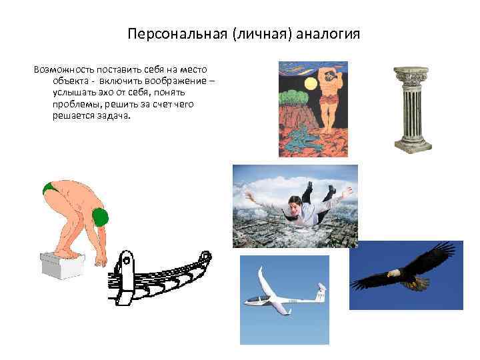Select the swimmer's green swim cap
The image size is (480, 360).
click(x=100, y=217)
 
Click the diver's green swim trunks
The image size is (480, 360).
click(x=49, y=189)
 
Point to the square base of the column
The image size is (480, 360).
click(x=413, y=146)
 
